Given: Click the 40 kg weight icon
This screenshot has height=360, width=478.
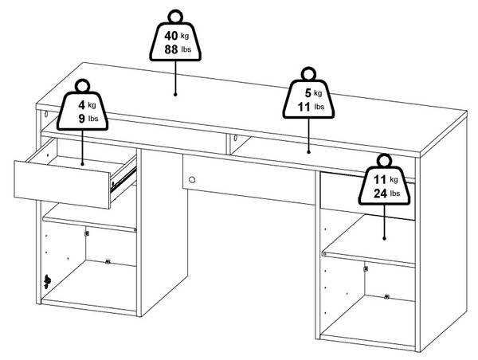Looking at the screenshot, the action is click(175, 41).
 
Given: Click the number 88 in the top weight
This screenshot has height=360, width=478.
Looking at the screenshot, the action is click(171, 49).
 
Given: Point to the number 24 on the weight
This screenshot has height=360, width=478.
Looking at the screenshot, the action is click(380, 194).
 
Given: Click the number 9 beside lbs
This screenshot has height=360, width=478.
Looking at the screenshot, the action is click(81, 118).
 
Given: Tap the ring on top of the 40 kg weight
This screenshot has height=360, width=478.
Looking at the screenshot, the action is click(175, 16).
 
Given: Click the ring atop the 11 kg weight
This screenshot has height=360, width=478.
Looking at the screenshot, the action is click(384, 160).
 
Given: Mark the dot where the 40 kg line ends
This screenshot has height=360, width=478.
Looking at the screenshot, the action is click(175, 95).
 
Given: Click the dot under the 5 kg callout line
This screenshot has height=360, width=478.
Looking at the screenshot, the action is click(308, 151).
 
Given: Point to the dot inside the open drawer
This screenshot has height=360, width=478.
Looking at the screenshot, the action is click(82, 164).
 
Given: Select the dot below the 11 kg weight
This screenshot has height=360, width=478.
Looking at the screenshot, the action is click(384, 238).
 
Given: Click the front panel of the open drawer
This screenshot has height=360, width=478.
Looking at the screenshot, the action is click(62, 185).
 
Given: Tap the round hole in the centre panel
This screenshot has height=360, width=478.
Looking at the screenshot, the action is click(192, 179).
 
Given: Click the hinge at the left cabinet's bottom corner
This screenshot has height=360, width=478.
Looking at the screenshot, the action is click(47, 281).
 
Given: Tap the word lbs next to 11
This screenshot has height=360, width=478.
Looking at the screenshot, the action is click(319, 107).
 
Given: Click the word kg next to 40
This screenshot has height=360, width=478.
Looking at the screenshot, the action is click(185, 36).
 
